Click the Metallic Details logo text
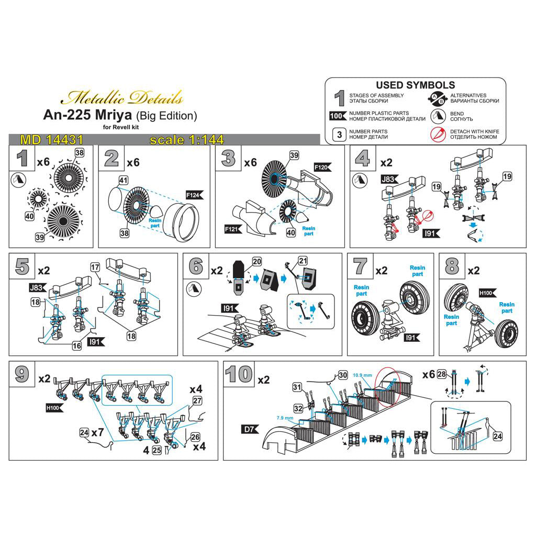[122, 97]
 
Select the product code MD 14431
[51, 140]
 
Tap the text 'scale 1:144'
[186, 140]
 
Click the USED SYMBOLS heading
[415, 85]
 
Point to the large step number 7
[360, 266]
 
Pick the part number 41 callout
[123, 180]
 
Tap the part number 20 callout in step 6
[256, 261]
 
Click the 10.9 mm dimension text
[363, 375]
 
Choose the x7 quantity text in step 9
[97, 433]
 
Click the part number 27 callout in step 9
[197, 400]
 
